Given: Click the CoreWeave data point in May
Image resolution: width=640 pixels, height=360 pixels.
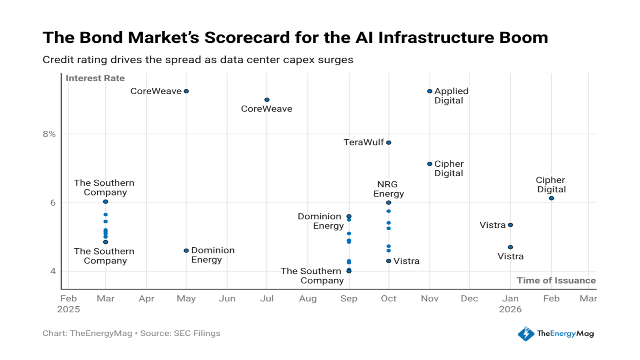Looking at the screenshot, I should pyautogui.click(x=186, y=91).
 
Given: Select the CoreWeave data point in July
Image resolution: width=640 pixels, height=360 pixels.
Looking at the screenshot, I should pyautogui.click(x=267, y=100).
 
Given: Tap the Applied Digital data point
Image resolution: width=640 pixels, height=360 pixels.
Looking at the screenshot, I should pyautogui.click(x=430, y=91).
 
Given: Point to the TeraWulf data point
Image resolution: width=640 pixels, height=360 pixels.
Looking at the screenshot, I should pyautogui.click(x=389, y=143).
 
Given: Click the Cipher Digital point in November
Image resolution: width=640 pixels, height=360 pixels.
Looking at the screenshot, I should pyautogui.click(x=430, y=164).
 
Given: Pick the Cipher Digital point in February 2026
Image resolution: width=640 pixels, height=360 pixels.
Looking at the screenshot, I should pyautogui.click(x=551, y=198).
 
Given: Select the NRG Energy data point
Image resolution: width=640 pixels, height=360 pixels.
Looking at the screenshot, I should pyautogui.click(x=389, y=202).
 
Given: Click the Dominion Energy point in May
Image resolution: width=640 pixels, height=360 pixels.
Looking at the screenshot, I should pyautogui.click(x=186, y=250).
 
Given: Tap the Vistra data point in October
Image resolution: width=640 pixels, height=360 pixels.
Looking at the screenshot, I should pyautogui.click(x=389, y=261).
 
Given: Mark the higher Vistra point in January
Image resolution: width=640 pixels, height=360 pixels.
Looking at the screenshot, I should pyautogui.click(x=510, y=225).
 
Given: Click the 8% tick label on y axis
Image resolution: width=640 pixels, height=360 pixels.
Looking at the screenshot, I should pyautogui.click(x=48, y=134).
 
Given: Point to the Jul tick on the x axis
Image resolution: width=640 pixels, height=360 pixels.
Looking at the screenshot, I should pyautogui.click(x=267, y=299).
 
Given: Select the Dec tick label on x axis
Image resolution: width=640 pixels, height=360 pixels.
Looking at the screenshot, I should pyautogui.click(x=469, y=299).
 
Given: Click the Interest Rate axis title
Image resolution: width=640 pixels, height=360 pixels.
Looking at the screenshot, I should pyautogui.click(x=95, y=78).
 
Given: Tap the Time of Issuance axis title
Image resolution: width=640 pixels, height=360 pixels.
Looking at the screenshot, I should pyautogui.click(x=556, y=280).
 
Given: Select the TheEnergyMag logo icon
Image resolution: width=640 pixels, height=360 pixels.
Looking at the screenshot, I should pyautogui.click(x=526, y=333).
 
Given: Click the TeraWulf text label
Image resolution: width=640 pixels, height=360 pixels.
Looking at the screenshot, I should pyautogui.click(x=364, y=143).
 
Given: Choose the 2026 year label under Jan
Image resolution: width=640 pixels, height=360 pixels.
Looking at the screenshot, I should pyautogui.click(x=510, y=309).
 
